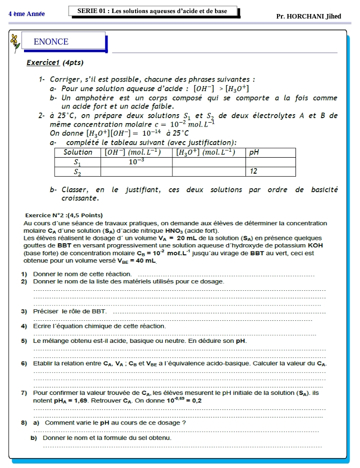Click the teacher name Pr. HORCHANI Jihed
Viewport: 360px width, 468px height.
pos(308,16)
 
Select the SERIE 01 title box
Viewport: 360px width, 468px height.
pos(152,11)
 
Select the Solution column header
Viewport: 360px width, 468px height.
pos(77,152)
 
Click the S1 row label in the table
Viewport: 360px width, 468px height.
pos(77,162)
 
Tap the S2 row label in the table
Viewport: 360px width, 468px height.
pos(77,171)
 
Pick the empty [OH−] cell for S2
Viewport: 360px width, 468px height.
pos(136,171)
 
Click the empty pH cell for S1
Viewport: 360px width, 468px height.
pos(270,162)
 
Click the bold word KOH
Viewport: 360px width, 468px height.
pos(315,246)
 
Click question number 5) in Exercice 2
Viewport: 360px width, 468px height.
pos(23,341)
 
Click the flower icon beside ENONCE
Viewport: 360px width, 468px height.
pos(15,43)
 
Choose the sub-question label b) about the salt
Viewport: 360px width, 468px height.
pos(33,438)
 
